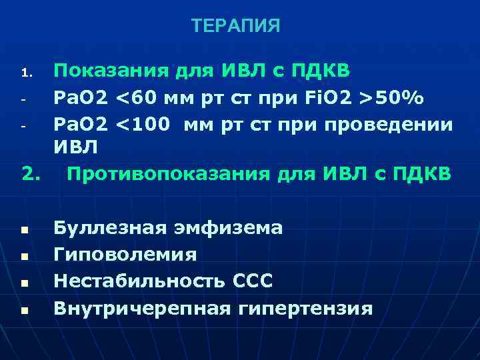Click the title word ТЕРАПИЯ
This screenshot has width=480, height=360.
235,26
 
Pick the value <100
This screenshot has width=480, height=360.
145,125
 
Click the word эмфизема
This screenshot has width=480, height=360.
231,228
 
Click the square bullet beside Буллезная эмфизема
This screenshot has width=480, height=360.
24,229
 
